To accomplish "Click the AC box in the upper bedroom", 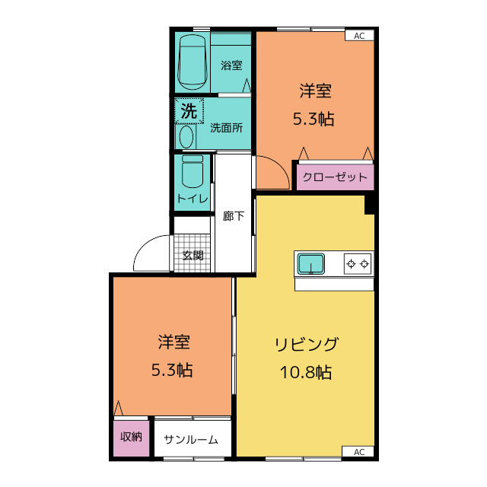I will (x=359, y=35).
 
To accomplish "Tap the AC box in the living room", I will (x=359, y=451).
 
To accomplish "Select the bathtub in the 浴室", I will (x=192, y=63).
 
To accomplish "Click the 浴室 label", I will (x=231, y=65).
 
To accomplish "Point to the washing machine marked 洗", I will (x=189, y=111).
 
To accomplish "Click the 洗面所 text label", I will (x=226, y=127).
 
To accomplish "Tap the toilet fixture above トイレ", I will (x=192, y=171).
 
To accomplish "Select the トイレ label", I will (x=192, y=199).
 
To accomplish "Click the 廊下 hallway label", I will (x=234, y=215).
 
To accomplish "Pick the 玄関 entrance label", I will (x=193, y=255).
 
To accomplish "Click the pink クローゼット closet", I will (x=335, y=177).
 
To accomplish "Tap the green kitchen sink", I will (x=311, y=264).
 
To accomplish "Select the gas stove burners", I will (x=358, y=264).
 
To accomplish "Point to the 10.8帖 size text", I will (x=306, y=373).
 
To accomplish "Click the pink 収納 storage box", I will (x=131, y=437).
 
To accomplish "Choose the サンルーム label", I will (x=191, y=439).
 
